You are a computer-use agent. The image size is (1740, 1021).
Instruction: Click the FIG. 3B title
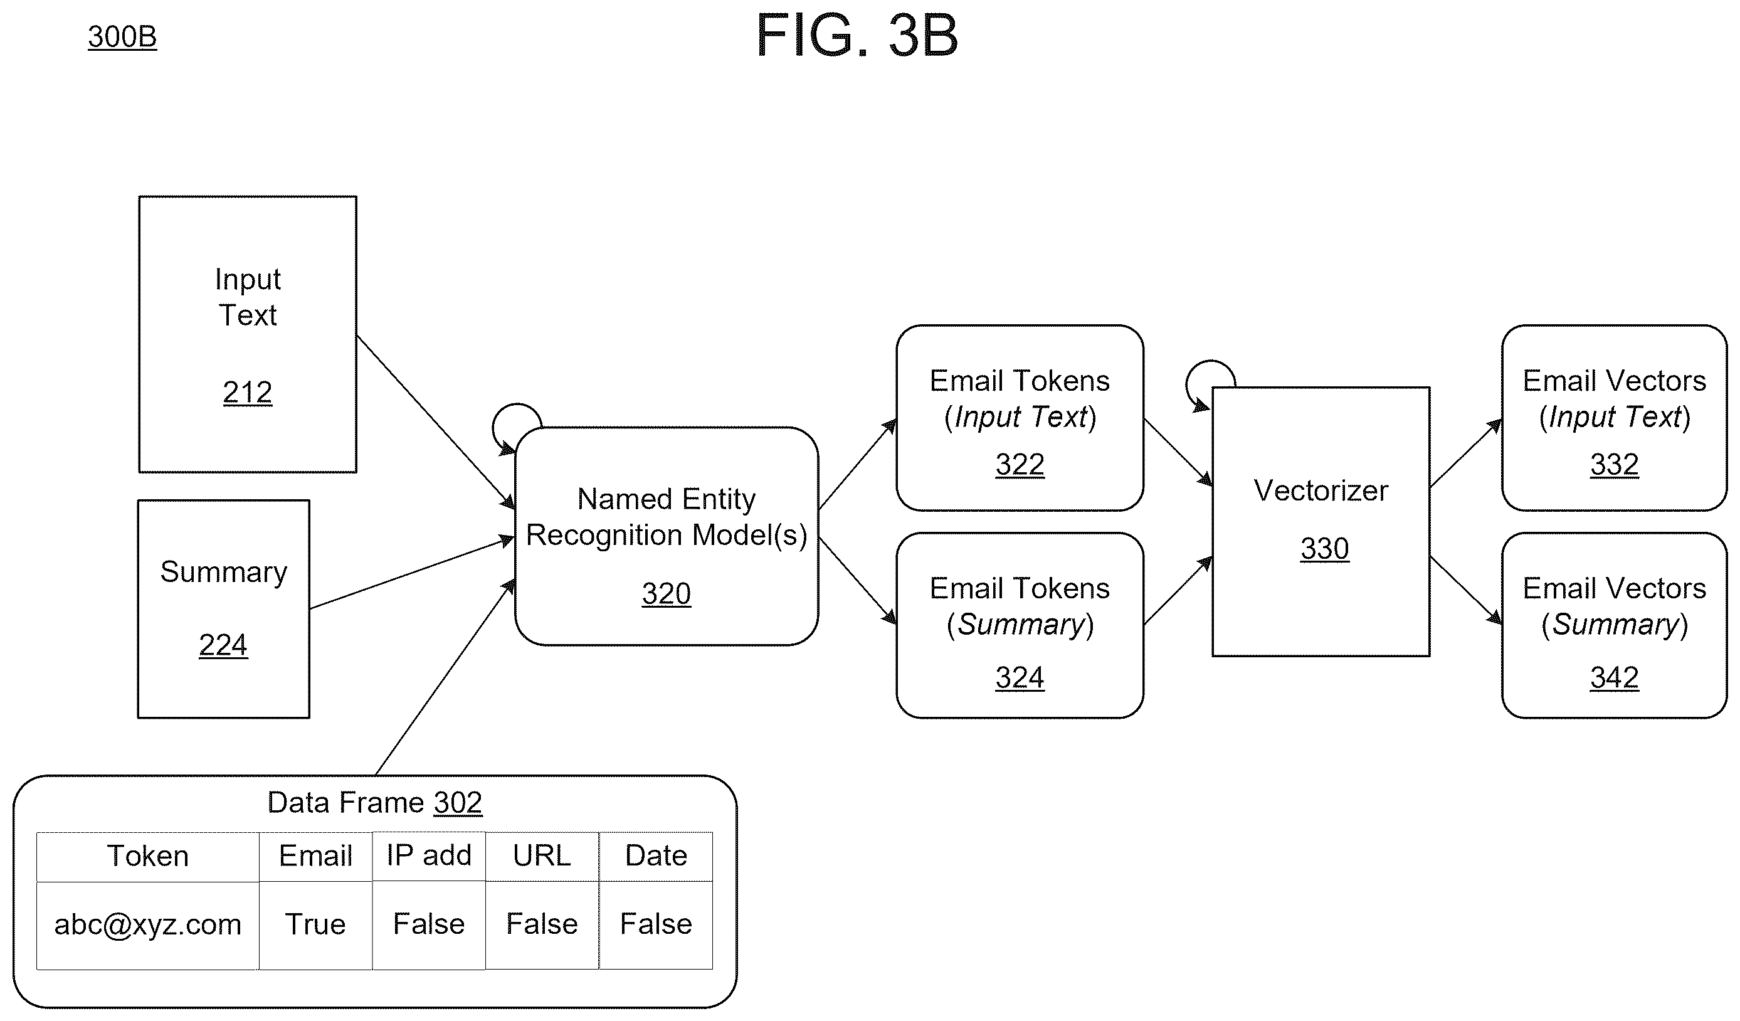pos(857,35)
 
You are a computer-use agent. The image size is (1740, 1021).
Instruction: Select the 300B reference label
pos(122,36)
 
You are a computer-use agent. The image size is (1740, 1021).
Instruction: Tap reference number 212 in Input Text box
pos(247,393)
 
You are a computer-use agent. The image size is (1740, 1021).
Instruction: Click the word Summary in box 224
pos(224,572)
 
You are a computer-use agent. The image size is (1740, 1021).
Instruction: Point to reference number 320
pos(667,593)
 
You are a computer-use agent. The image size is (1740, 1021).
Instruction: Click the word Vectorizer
pos(1321,490)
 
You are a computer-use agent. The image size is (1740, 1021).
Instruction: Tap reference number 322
pos(1020,464)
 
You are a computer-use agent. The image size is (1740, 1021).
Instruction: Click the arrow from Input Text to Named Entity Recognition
pos(436,422)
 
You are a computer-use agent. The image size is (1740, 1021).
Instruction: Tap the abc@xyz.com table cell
pos(148,925)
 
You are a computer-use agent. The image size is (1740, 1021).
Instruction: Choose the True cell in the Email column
pos(315,925)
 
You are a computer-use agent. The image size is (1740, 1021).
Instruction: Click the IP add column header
pos(429,856)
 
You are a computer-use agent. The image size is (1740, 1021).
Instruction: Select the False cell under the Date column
pos(656,925)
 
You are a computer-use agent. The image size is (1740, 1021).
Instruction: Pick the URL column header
pos(542,856)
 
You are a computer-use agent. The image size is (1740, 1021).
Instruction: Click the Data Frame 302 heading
pos(375,803)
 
